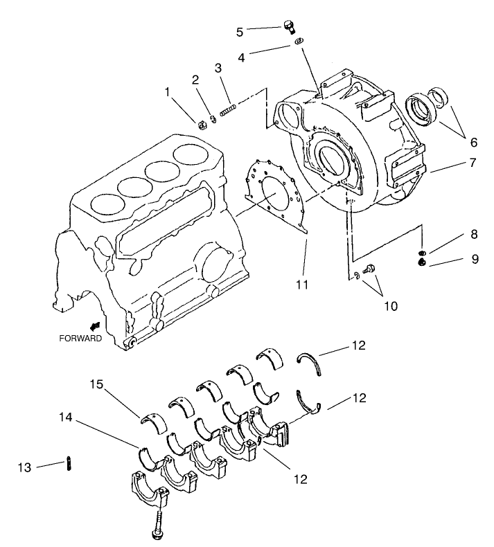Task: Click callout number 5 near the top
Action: point(240,31)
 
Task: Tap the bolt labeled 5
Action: point(289,27)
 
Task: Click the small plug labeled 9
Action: point(421,261)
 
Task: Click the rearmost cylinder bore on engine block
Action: point(193,154)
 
